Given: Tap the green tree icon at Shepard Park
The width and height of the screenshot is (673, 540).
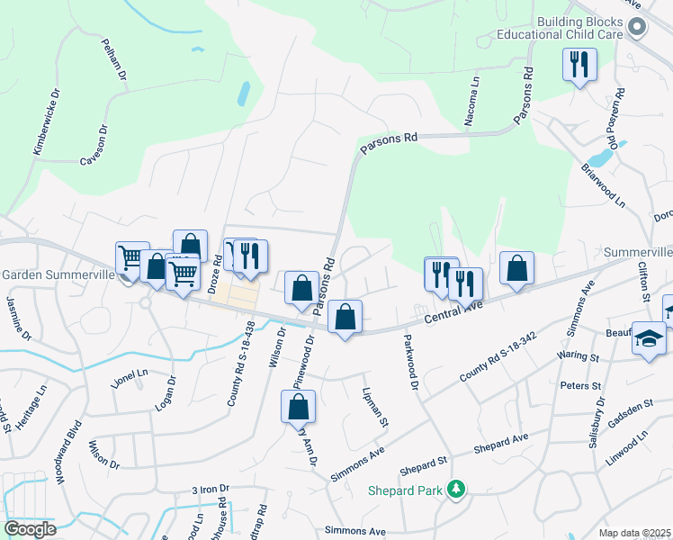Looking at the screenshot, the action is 458,490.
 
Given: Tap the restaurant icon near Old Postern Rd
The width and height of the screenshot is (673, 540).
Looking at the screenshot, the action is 579,64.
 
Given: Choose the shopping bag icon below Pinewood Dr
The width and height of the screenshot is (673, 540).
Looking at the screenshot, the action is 298,408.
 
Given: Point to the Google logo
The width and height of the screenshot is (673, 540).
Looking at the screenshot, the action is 30,529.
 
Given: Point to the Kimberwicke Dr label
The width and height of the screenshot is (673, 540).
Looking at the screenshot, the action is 48,122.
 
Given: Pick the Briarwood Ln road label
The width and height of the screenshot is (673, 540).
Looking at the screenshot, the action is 603,186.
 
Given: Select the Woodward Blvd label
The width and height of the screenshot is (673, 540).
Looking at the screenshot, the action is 68,453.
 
